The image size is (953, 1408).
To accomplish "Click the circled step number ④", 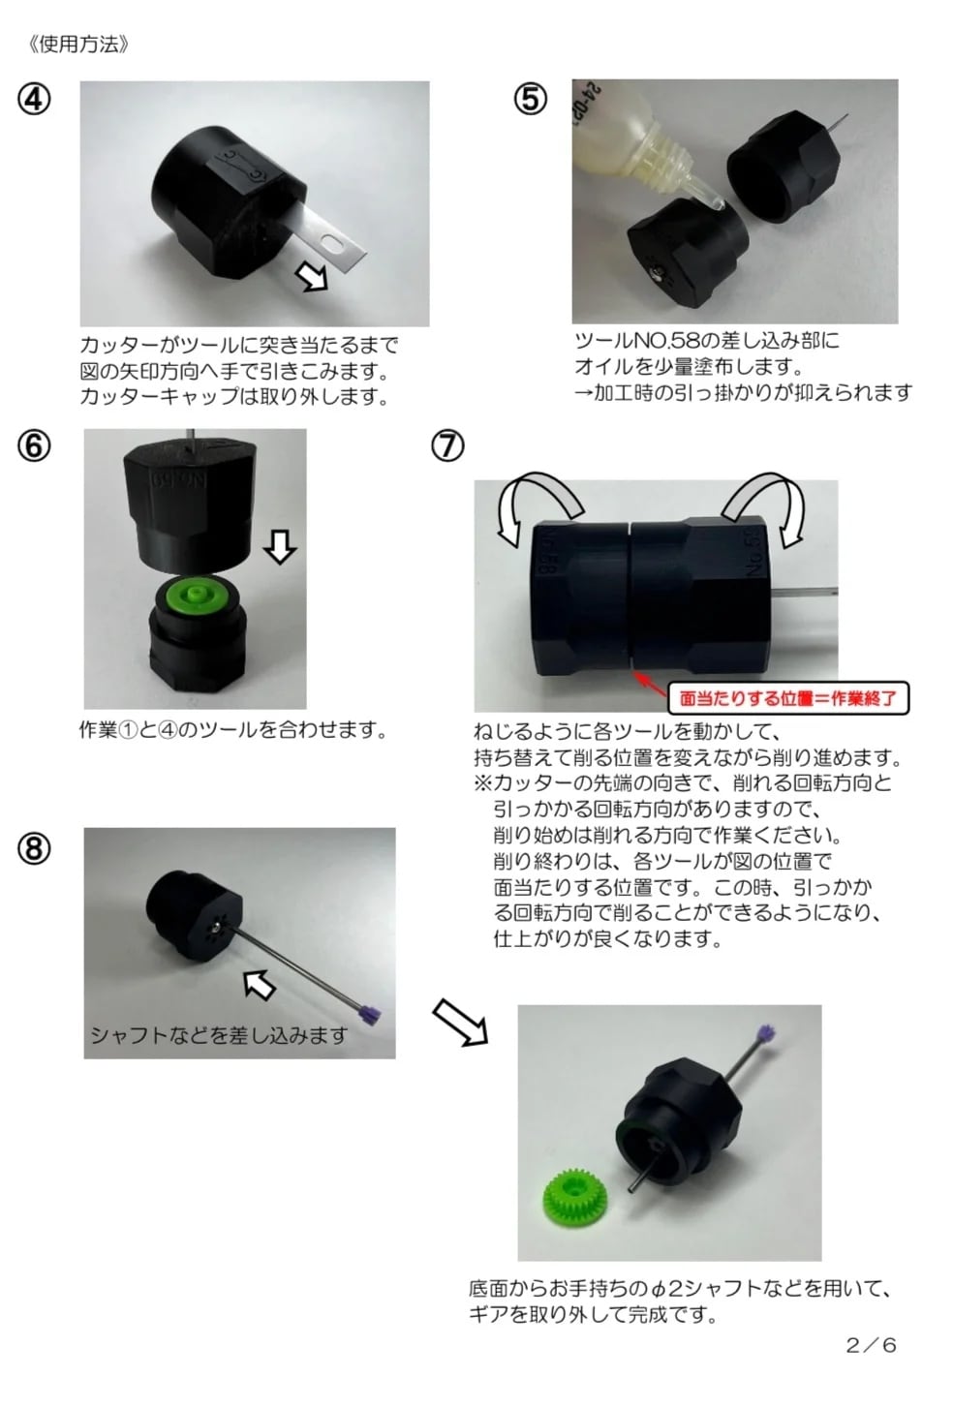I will pos(34,99).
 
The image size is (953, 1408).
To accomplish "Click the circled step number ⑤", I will pos(530,99).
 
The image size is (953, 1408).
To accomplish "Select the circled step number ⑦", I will pos(447,445).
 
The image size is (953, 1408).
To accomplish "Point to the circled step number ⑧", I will pos(34,848).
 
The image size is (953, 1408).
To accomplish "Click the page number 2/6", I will pos(871,1345).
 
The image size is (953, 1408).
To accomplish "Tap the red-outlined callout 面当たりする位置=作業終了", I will pos(787,697).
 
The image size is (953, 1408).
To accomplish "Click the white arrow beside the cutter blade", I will pos(313,276).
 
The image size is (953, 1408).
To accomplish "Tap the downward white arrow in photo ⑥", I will pos(280,546).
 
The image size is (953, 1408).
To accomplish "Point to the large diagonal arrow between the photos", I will pos(459,1023).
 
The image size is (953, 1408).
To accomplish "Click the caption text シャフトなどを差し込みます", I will pos(219,1035).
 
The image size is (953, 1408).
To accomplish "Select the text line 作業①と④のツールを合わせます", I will pos(232,730).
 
